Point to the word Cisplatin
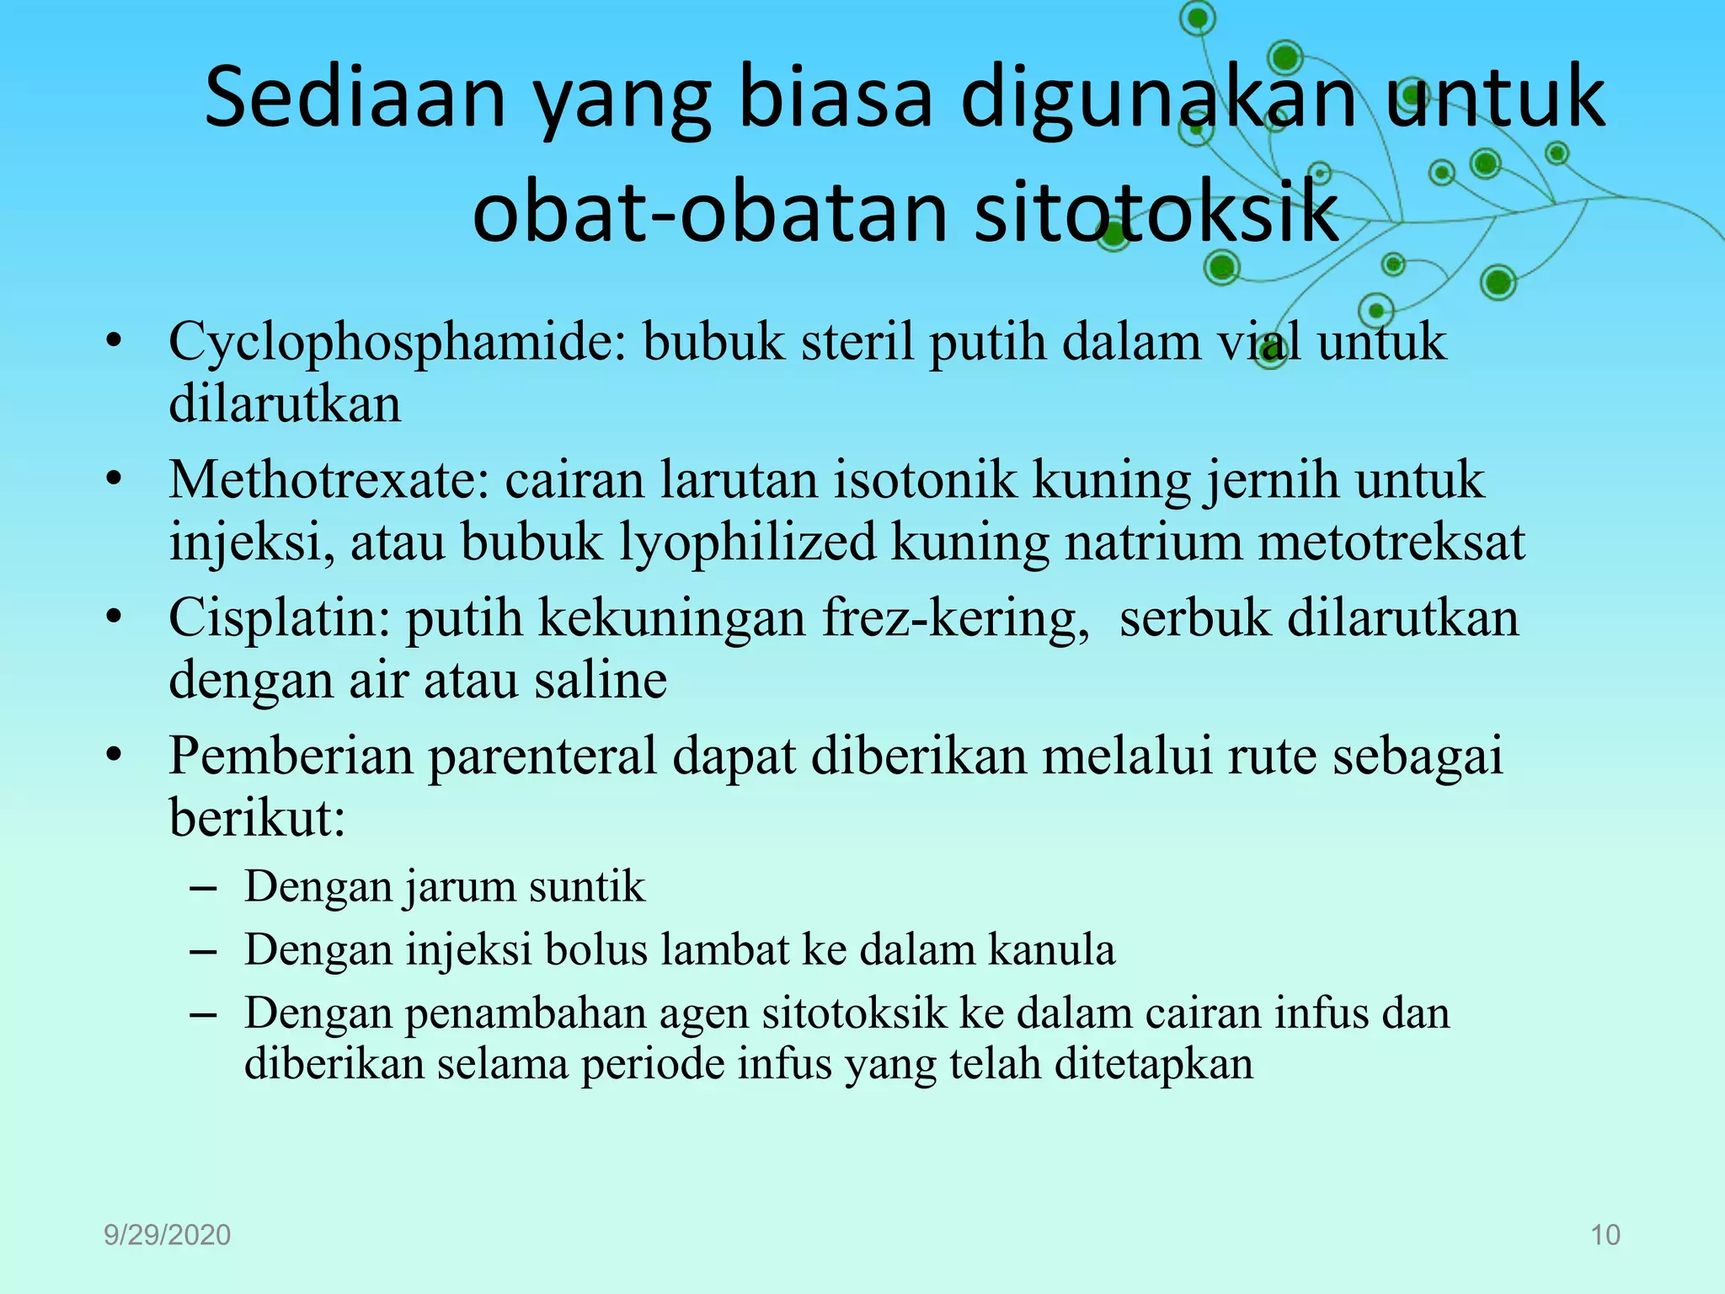pos(279,618)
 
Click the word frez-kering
pos(955,618)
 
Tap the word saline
pos(601,680)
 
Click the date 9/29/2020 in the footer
pos(167,1235)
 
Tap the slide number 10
pos(1605,1235)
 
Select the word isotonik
pos(926,480)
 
